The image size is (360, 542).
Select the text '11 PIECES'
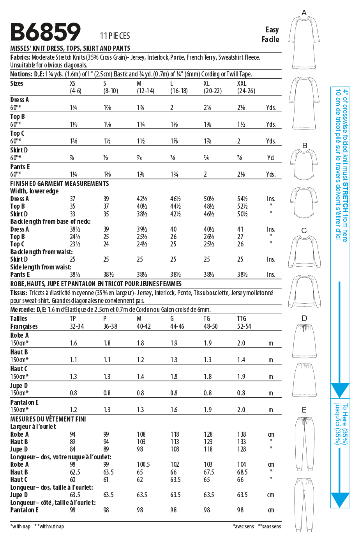pos(115,36)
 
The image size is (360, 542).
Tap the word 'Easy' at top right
pos(272,30)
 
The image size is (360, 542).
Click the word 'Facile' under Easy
pos(270,39)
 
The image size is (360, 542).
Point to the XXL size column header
pos(242,83)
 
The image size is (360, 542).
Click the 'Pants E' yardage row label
pos(20,167)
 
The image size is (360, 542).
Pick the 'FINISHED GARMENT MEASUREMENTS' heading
pos(60,184)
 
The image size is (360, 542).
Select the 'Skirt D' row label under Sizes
pos(19,150)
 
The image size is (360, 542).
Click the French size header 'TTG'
pos(242,319)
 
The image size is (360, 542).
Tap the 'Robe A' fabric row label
pos(19,335)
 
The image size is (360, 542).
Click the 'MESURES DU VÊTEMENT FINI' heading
pos(48,419)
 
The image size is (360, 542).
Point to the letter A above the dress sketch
pos(304,13)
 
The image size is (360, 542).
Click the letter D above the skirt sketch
pos(304,319)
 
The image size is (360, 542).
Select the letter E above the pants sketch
pos(304,410)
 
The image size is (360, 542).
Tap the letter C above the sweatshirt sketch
pos(304,230)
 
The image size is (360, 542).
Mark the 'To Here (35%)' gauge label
pos(345,423)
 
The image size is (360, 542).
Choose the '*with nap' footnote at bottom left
pos(21,526)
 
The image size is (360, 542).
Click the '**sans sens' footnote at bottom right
pos(269,526)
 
